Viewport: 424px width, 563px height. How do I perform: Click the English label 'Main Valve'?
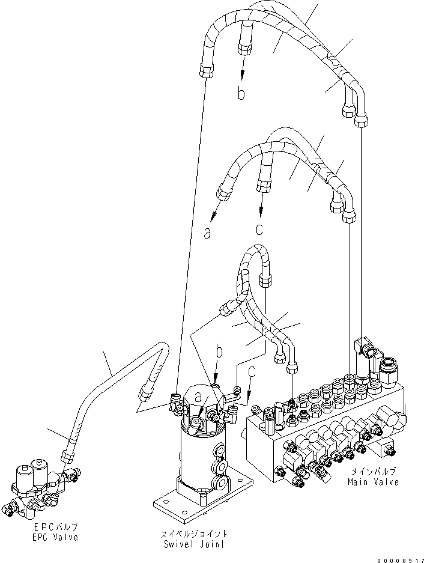(372, 482)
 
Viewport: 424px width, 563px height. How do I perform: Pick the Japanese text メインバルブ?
(372, 472)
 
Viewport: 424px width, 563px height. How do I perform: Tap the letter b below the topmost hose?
(241, 94)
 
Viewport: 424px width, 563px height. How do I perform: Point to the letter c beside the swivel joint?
(252, 372)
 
